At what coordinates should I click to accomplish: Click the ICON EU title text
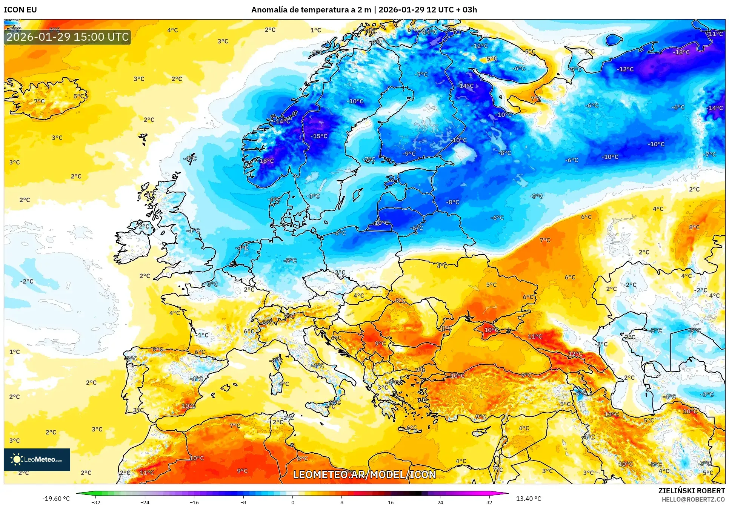pyautogui.click(x=20, y=10)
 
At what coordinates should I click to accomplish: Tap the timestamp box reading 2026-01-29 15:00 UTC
pyautogui.click(x=68, y=37)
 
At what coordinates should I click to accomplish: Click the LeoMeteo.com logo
pyautogui.click(x=37, y=459)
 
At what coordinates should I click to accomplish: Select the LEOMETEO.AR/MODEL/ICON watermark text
pyautogui.click(x=364, y=474)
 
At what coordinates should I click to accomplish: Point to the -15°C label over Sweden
pyautogui.click(x=319, y=136)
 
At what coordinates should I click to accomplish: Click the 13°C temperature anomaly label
pyautogui.click(x=612, y=414)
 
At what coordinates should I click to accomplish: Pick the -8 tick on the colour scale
pyautogui.click(x=244, y=502)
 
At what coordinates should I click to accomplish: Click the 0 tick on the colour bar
pyautogui.click(x=292, y=502)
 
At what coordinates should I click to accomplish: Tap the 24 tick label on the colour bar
pyautogui.click(x=440, y=502)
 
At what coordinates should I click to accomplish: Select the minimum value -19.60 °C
pyautogui.click(x=56, y=499)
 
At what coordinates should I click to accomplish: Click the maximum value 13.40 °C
pyautogui.click(x=528, y=499)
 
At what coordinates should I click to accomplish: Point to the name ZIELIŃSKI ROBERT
pyautogui.click(x=692, y=491)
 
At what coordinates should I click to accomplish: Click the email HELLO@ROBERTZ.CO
pyautogui.click(x=693, y=499)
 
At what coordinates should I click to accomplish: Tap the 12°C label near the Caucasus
pyautogui.click(x=575, y=354)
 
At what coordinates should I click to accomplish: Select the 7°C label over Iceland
pyautogui.click(x=39, y=101)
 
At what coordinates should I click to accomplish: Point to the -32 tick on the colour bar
pyautogui.click(x=96, y=502)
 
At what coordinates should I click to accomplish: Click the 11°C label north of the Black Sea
pyautogui.click(x=535, y=336)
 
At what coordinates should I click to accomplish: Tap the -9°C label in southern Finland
pyautogui.click(x=409, y=153)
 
